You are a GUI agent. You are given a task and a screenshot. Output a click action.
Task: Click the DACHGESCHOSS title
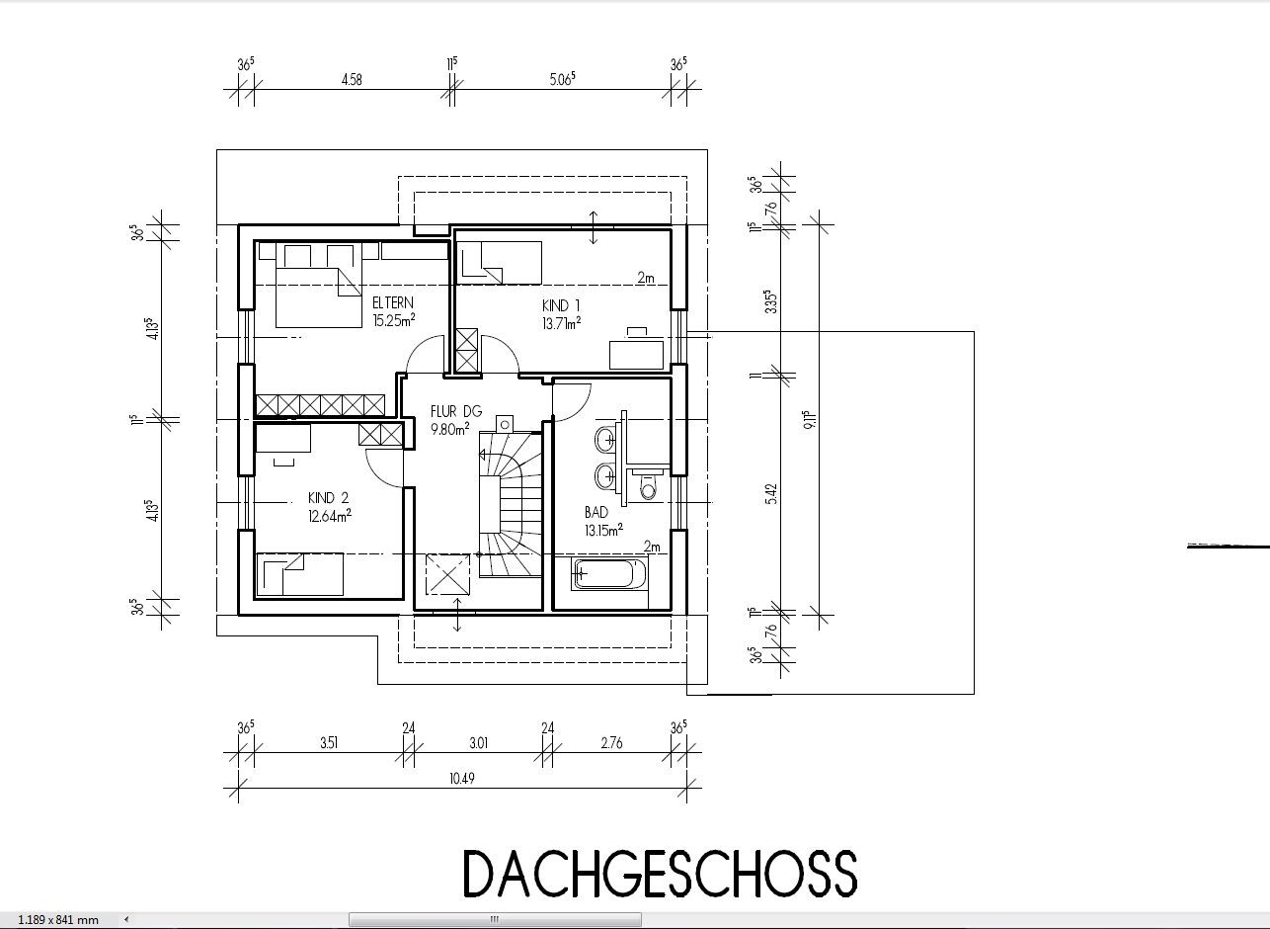point(661,875)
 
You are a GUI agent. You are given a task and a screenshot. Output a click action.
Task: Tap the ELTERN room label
point(393,302)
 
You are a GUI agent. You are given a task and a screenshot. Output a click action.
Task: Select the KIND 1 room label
point(561,306)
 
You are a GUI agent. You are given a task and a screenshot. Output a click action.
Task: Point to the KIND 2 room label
point(328,498)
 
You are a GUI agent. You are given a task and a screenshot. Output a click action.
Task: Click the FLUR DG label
point(456,411)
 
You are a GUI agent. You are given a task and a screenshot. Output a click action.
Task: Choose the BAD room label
point(596,513)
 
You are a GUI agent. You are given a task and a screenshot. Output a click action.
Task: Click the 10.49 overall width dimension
point(462,778)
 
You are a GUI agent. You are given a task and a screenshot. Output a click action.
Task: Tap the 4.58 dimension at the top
point(352,79)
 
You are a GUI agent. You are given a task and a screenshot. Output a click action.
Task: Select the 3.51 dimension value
point(329,743)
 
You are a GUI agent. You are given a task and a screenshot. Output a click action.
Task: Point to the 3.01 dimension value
point(479,743)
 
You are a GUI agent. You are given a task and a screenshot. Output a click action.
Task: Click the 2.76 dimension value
point(611,743)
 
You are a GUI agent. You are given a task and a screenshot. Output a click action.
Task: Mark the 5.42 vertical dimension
point(770,494)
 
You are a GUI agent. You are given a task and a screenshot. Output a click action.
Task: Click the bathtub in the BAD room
point(609,574)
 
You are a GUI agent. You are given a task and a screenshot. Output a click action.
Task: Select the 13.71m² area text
point(561,323)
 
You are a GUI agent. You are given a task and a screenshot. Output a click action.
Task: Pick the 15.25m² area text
point(393,320)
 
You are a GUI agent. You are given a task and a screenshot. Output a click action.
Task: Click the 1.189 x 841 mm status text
point(58,920)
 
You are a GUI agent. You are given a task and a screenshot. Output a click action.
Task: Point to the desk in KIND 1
point(636,354)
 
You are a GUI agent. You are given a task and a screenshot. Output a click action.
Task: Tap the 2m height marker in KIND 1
point(646,278)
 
